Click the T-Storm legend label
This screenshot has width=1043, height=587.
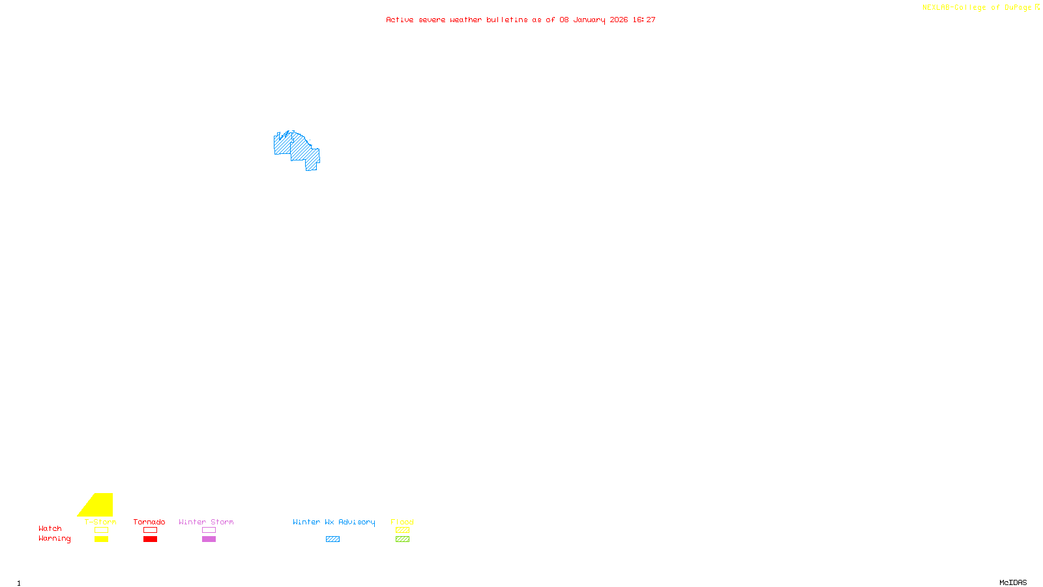(x=100, y=522)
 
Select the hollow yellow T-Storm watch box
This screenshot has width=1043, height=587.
(x=101, y=530)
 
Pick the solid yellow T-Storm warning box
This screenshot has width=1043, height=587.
(x=101, y=539)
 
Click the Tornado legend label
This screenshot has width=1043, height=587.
(x=149, y=522)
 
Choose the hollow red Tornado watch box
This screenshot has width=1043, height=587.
(x=150, y=530)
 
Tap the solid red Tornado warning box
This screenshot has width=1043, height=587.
(x=150, y=539)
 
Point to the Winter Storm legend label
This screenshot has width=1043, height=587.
(x=206, y=522)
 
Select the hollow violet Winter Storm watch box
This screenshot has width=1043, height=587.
(x=209, y=530)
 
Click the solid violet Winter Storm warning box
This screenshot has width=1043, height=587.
(x=209, y=539)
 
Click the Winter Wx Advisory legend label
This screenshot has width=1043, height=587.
(x=334, y=522)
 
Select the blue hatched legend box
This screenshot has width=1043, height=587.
(x=332, y=539)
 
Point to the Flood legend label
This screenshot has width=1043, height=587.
(x=402, y=522)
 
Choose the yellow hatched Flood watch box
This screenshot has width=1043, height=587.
(x=402, y=530)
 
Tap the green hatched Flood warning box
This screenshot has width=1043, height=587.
(x=402, y=539)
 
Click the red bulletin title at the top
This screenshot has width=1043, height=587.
(x=521, y=20)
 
